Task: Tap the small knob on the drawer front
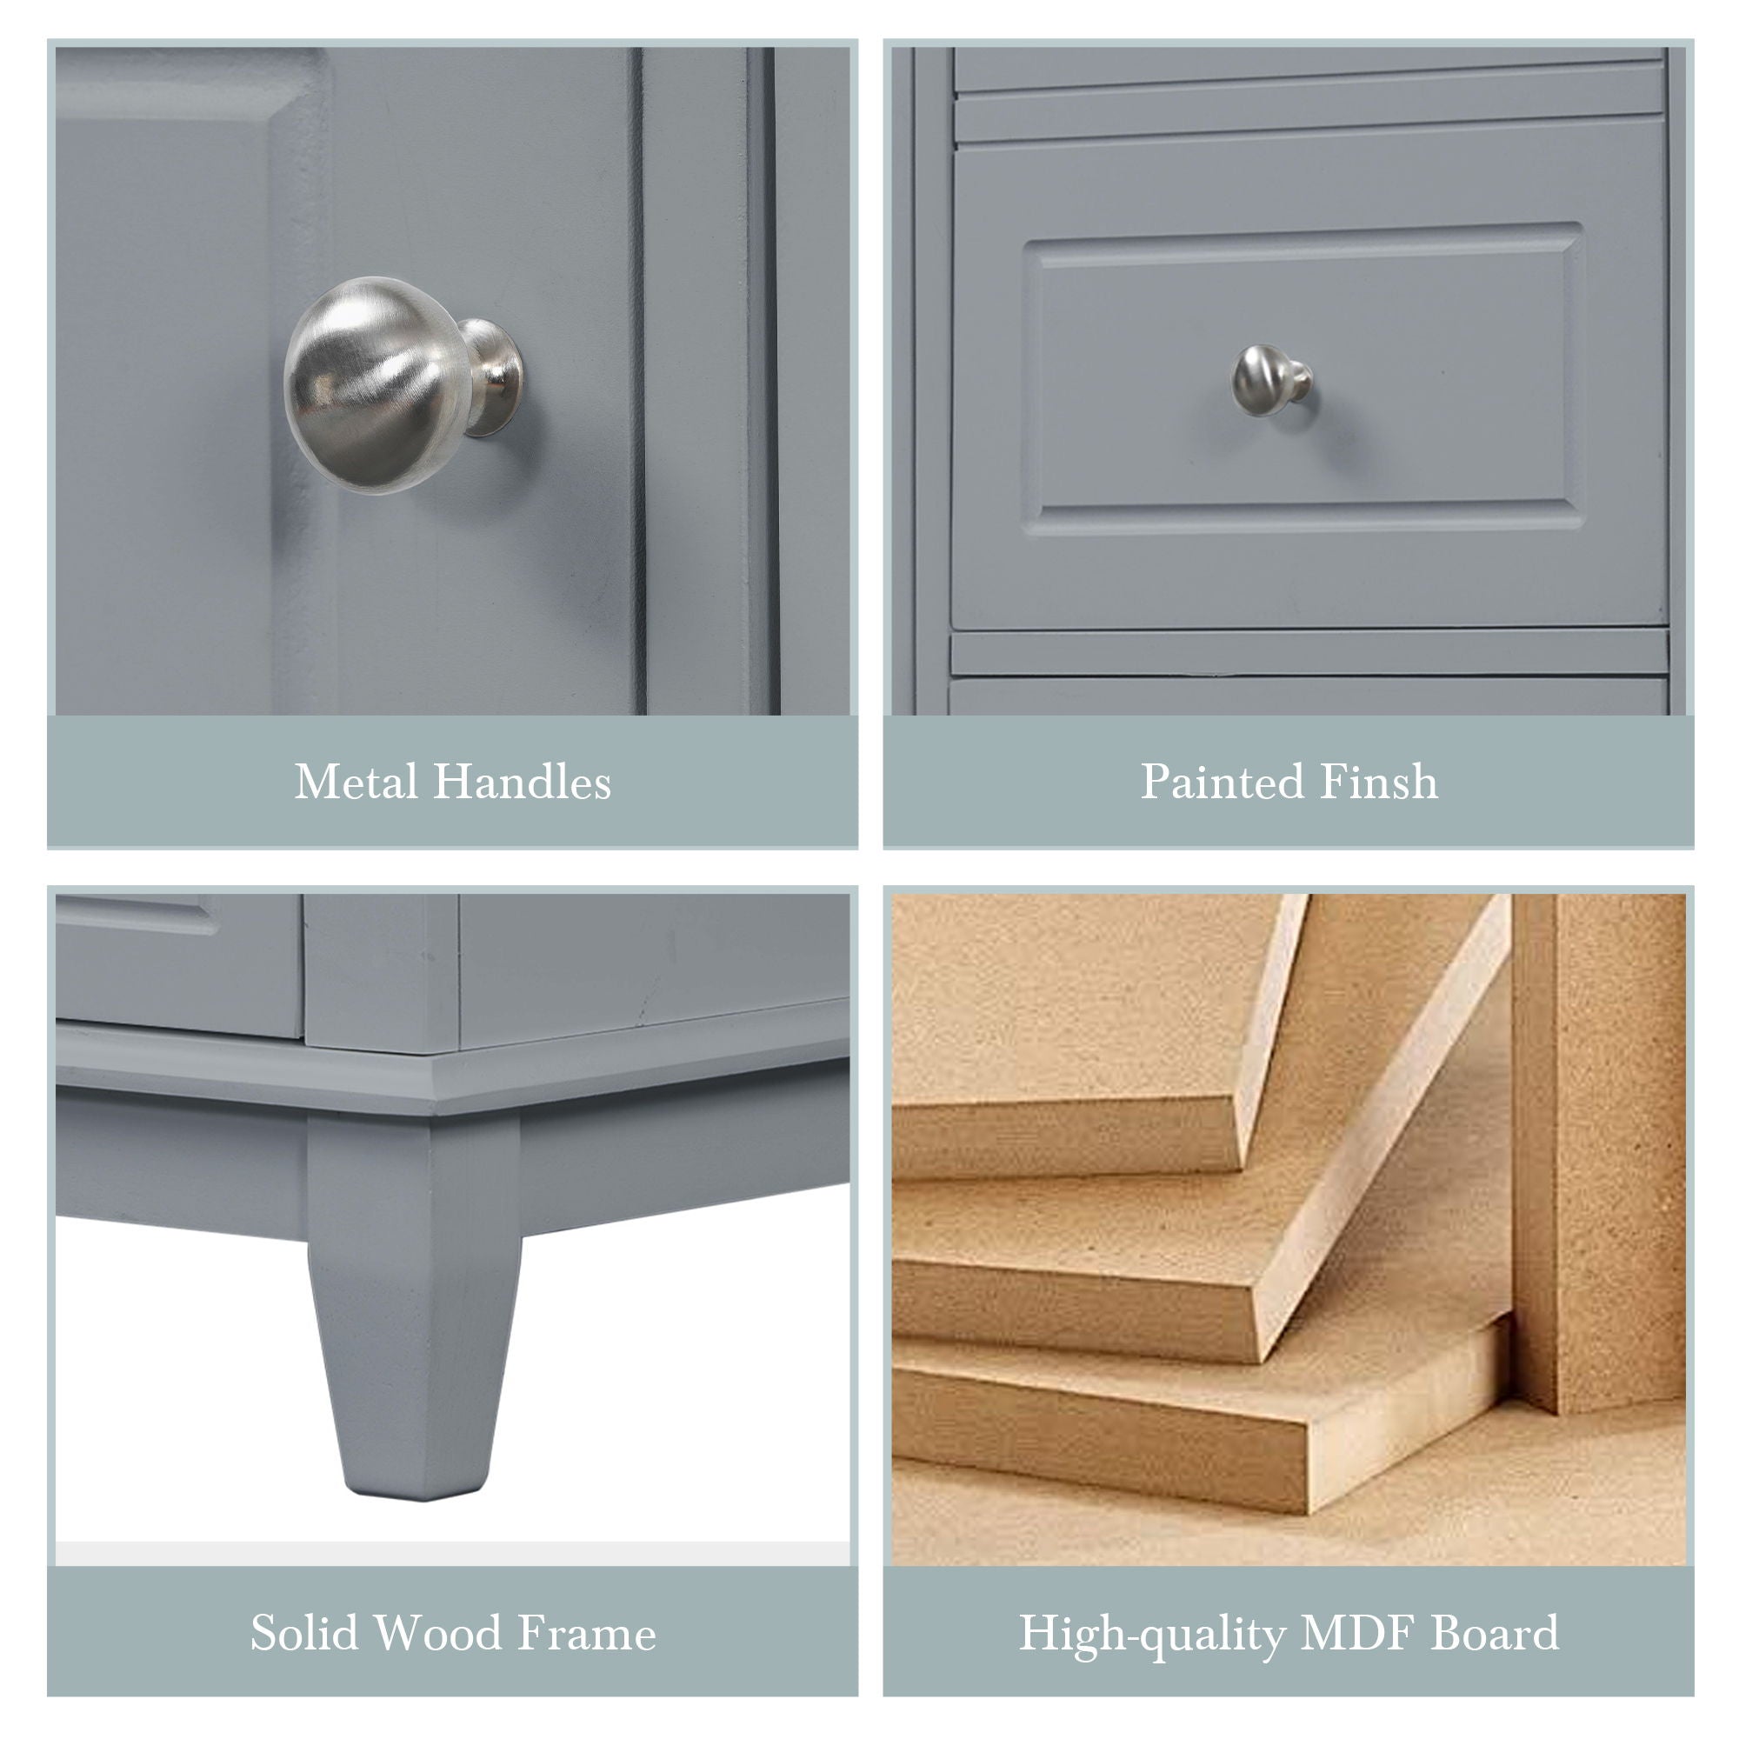[1270, 381]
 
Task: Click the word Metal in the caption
[355, 782]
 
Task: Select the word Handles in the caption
[522, 782]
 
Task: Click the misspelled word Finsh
[1375, 782]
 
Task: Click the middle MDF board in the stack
[1170, 1260]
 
